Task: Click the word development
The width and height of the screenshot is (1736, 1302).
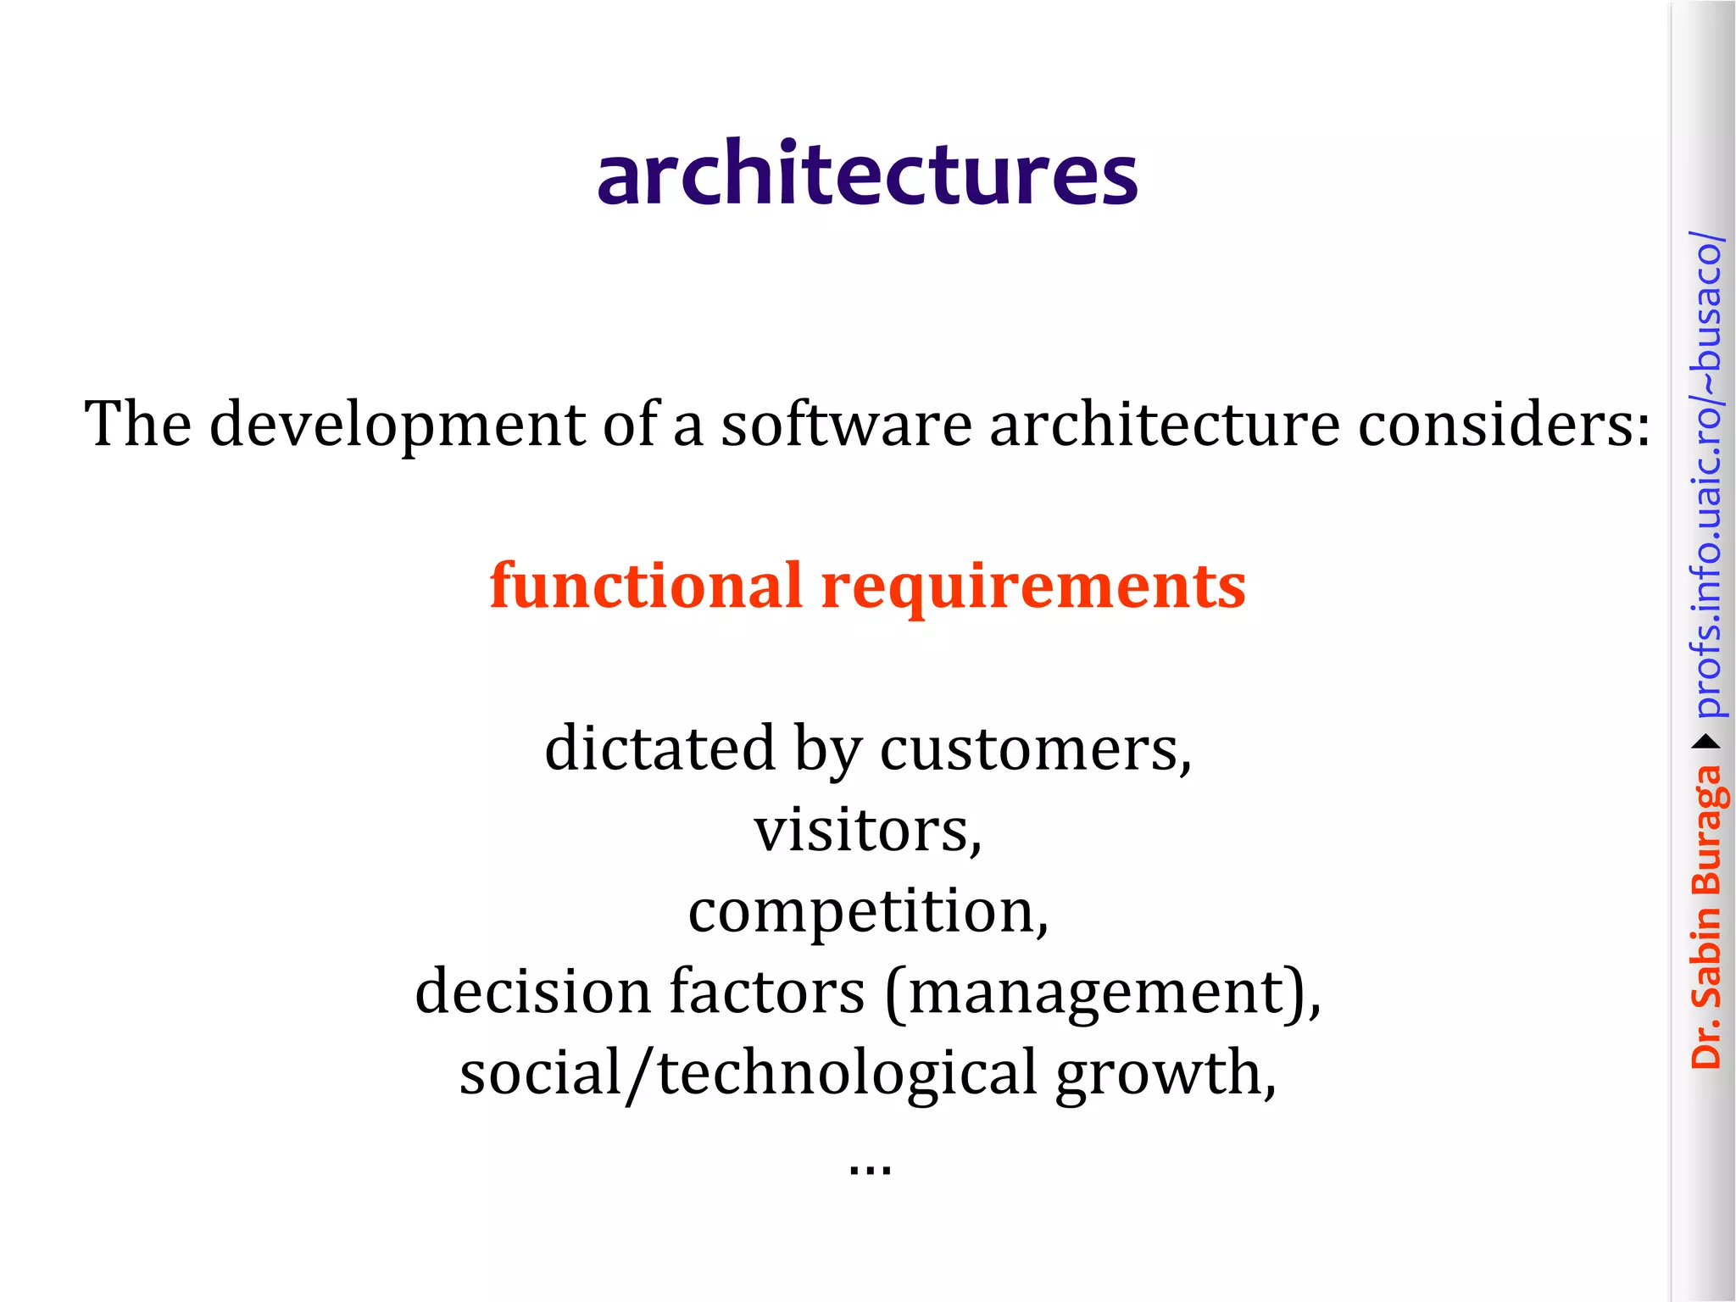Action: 397,424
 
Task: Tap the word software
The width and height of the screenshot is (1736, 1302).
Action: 846,424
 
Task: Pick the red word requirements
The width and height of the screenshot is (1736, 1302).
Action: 1034,587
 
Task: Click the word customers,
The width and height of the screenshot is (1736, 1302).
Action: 1036,749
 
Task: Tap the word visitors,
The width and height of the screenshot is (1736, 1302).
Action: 868,830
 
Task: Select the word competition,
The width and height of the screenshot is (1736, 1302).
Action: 868,912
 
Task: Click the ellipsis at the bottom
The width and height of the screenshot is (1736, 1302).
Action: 870,1168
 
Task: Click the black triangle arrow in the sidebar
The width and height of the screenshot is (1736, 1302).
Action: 1706,743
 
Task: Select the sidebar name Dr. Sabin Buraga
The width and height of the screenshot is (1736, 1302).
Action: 1706,915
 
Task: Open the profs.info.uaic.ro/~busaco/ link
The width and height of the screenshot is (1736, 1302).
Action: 1706,475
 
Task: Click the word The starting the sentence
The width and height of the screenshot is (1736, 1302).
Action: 137,424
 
